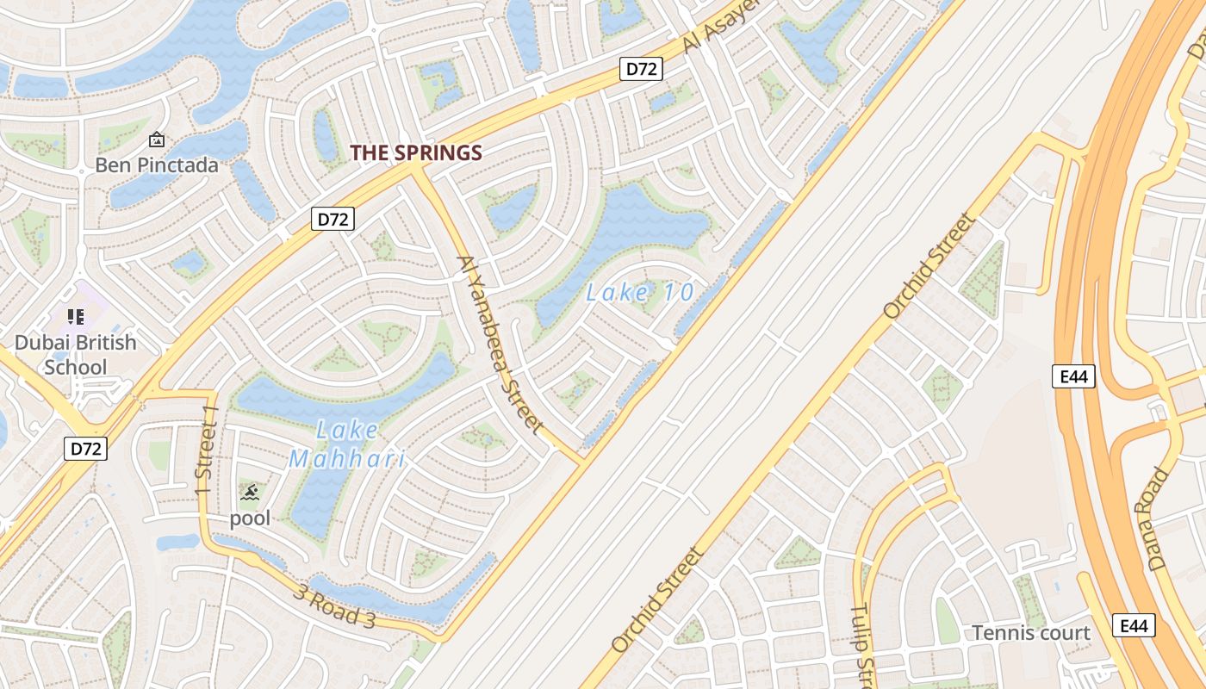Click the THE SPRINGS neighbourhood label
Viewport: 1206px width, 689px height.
[x=415, y=153]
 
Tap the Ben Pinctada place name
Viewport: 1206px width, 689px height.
[x=157, y=164]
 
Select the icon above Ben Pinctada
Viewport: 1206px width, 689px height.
[x=157, y=140]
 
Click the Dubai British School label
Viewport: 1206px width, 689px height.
[x=76, y=355]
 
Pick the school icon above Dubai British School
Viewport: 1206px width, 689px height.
[x=76, y=317]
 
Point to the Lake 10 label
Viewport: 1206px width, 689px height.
[x=640, y=293]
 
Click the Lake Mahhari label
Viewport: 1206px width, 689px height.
[x=346, y=444]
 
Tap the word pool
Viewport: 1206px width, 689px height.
[x=250, y=518]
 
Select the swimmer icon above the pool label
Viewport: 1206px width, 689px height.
[x=250, y=493]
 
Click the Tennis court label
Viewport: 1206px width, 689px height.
[x=1031, y=633]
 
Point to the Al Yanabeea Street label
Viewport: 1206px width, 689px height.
[x=500, y=344]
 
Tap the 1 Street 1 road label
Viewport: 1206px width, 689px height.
[x=207, y=451]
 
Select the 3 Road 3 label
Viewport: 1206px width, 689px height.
[x=334, y=606]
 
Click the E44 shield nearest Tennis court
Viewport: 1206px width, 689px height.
[x=1134, y=626]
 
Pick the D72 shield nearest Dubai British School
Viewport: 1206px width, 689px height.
[x=85, y=448]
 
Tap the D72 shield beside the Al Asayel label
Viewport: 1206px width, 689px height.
[x=641, y=69]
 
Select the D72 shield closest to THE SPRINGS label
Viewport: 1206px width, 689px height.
[x=332, y=219]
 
